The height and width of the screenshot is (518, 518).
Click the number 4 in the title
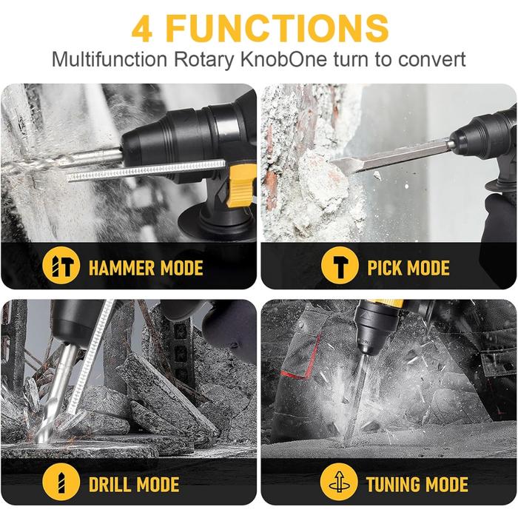pos(142,28)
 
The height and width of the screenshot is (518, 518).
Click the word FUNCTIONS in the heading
pos(277,28)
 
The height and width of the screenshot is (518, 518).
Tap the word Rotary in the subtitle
pos(203,60)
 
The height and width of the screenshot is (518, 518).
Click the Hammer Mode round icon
pos(61,265)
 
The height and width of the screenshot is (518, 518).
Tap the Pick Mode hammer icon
pos(340,265)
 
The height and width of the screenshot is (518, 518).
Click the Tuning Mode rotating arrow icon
pos(339,482)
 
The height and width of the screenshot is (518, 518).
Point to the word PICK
pos(384,268)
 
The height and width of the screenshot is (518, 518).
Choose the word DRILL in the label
pos(110,485)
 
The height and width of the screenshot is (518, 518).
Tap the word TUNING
pos(394,485)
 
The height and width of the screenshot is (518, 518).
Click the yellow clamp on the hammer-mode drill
pos(242,186)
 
